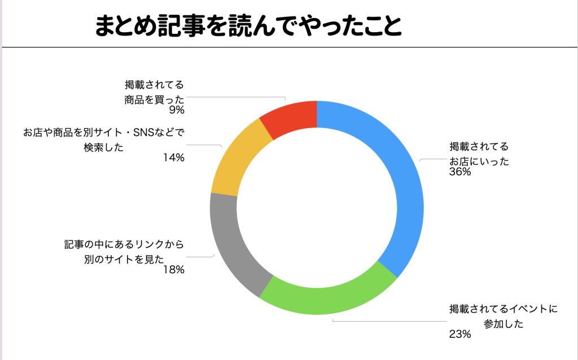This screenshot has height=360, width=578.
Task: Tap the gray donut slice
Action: (x=231, y=248)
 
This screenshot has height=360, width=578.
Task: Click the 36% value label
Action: (x=460, y=172)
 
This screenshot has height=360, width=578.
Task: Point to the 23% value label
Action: (x=460, y=335)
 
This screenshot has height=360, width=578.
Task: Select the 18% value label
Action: (x=174, y=270)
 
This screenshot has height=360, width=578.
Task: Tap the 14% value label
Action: (x=174, y=158)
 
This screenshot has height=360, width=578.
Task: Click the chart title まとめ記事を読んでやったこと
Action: (x=248, y=25)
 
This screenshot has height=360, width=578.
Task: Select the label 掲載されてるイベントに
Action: (x=503, y=309)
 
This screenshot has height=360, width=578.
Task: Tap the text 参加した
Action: (x=504, y=323)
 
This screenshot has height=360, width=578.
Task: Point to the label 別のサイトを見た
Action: (x=120, y=260)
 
